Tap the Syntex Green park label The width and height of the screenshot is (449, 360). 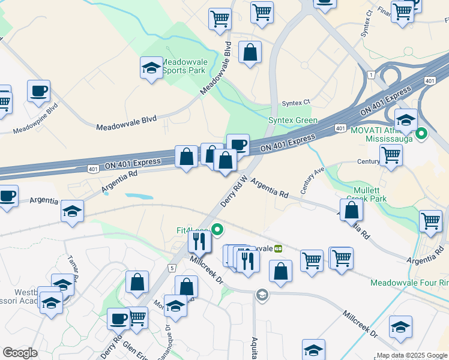(292, 120)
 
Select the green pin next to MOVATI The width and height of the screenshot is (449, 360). (421, 133)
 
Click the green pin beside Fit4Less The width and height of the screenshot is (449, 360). (219, 228)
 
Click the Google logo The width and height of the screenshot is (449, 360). (20, 353)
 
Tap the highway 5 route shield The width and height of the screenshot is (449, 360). (172, 267)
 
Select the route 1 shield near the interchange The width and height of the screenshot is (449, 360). (372, 74)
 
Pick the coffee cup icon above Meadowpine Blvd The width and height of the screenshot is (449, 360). (38, 91)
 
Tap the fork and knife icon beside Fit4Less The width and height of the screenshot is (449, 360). (199, 241)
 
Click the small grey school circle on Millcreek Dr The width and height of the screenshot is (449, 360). (261, 295)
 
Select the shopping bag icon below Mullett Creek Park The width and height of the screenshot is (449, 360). (351, 210)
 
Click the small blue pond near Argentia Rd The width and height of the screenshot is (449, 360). (139, 196)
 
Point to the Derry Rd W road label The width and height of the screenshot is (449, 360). (234, 191)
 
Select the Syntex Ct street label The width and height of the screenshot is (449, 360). (298, 101)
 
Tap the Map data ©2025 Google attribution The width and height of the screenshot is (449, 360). (412, 355)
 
